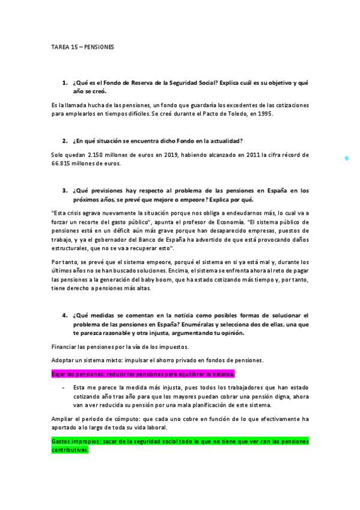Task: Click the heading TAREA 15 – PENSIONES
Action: [82, 46]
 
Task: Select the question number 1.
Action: [64, 82]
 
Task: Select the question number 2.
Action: [64, 141]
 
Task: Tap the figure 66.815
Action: [63, 164]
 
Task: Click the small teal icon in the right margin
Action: [347, 159]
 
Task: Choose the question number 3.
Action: [64, 190]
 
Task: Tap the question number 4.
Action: [64, 315]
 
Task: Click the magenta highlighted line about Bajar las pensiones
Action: [143, 373]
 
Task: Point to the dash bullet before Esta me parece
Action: [64, 387]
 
